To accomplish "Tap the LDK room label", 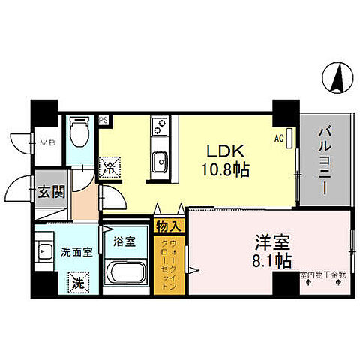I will click(x=223, y=149).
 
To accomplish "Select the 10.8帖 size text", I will click(x=223, y=169).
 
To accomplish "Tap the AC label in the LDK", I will click(x=279, y=139).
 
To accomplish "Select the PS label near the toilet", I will click(x=103, y=118).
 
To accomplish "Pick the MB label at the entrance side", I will click(x=46, y=139).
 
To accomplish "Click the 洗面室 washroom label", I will click(x=76, y=251).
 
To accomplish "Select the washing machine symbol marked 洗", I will click(x=77, y=283).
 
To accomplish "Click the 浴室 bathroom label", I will click(x=124, y=242).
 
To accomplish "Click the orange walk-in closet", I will click(x=169, y=266).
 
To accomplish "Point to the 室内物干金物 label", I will click(x=322, y=276).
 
